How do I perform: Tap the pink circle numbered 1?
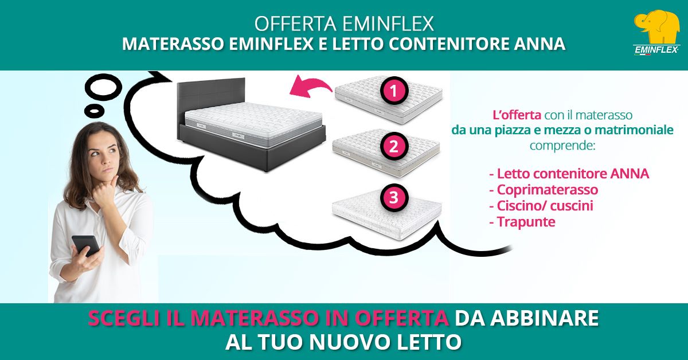click(x=394, y=91)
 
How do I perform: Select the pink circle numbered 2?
click(x=394, y=147)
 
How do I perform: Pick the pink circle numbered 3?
click(x=394, y=197)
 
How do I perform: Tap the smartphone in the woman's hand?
click(x=86, y=245)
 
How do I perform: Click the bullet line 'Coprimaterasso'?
click(x=544, y=190)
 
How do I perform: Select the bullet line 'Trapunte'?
click(x=522, y=222)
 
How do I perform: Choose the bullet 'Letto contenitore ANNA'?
click(x=569, y=174)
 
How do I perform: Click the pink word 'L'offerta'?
click(x=517, y=115)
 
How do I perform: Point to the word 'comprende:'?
click(x=562, y=145)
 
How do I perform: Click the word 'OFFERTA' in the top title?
click(x=295, y=24)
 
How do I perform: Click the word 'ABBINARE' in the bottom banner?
click(x=545, y=318)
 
